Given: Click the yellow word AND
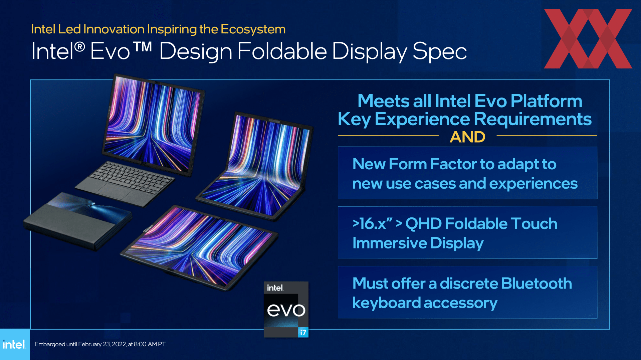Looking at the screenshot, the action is coord(467,137).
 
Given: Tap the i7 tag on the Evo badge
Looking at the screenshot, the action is coord(303,332).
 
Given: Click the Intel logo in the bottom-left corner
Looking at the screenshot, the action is coord(14,344).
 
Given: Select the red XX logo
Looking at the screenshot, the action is coord(588,38).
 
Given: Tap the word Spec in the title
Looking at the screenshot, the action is coord(439,51).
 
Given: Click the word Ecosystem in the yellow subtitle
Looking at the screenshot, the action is coord(253,29).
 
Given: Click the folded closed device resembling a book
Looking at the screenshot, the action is coord(77,221).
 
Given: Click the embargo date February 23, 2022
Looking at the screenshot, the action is coord(102,344).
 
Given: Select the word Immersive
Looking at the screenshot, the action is coord(390,243).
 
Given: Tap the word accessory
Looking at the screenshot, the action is coord(460,303).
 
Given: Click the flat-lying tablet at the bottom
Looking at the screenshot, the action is coord(199,247).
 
